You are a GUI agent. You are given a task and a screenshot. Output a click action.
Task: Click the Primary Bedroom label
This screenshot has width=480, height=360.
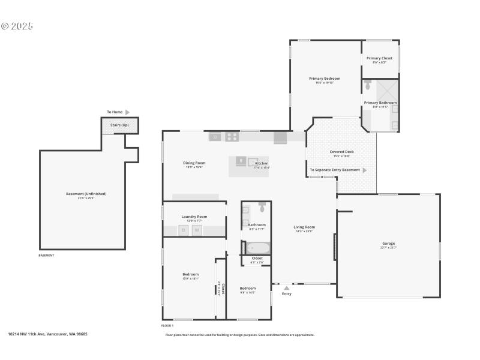[x=325, y=79]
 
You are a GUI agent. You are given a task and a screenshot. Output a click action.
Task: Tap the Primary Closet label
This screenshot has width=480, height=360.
[x=379, y=58]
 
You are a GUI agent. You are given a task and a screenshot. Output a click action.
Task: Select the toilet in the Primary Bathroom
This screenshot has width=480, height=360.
[x=368, y=85]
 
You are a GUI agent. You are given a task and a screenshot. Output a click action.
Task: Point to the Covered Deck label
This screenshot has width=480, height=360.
[x=341, y=152]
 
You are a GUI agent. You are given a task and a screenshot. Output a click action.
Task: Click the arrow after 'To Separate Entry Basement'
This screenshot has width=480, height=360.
[x=364, y=170]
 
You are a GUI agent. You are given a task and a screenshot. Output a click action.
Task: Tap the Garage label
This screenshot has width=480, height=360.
[x=388, y=244]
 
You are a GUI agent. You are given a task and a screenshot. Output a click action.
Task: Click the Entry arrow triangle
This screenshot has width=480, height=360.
[x=287, y=287]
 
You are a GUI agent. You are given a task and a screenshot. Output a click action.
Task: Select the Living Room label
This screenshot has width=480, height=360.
[x=304, y=227]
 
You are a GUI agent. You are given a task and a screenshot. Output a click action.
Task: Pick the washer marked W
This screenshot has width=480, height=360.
[x=196, y=230]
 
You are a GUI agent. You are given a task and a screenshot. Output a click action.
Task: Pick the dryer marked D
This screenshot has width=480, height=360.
[x=184, y=230]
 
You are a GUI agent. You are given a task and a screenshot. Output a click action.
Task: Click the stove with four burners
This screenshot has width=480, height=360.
[x=232, y=137]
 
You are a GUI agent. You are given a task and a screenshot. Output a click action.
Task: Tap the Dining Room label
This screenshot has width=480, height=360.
[x=194, y=163]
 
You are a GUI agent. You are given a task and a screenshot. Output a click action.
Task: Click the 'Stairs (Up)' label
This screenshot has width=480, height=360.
[x=120, y=125]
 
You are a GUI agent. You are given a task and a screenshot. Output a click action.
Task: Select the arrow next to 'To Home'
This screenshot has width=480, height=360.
[x=127, y=112]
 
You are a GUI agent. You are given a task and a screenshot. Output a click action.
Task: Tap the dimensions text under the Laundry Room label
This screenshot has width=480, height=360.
[x=194, y=221]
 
